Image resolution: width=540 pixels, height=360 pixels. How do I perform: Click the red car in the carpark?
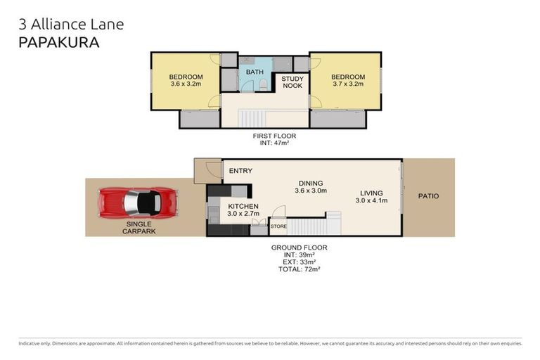tap(138, 202)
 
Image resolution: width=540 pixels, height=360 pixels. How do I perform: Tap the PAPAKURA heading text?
tap(58, 42)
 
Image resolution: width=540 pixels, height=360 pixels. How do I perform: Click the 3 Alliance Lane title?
tap(70, 24)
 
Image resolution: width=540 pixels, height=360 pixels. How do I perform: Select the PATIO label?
tap(428, 196)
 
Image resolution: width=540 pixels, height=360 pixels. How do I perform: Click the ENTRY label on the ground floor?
tap(240, 171)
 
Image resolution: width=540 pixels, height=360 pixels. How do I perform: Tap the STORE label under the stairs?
tap(278, 226)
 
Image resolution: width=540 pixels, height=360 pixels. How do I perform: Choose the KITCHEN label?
tap(244, 206)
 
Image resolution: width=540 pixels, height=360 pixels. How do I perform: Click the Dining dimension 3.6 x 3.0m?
tap(310, 190)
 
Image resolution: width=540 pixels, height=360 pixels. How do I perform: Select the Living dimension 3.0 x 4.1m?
tap(371, 201)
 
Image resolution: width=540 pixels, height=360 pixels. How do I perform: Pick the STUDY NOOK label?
tap(292, 82)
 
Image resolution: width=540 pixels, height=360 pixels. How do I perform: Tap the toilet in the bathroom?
tap(263, 84)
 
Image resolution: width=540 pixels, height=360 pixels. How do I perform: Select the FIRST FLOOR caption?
tap(275, 136)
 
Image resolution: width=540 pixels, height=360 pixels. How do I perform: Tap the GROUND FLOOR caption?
tap(299, 247)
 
